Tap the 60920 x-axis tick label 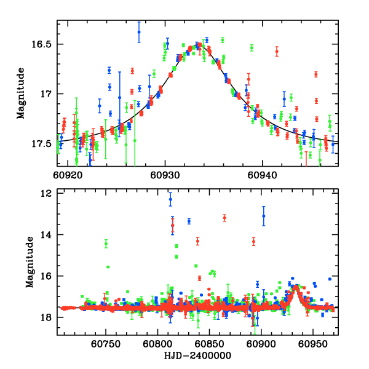[x=68, y=174]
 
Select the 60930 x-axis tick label [x=165, y=174]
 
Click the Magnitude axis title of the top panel [x=20, y=93]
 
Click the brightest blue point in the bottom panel [x=170, y=199]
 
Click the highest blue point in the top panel [x=139, y=32]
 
